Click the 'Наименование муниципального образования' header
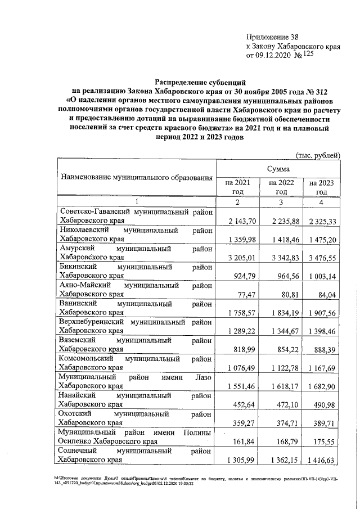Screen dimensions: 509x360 click(137, 178)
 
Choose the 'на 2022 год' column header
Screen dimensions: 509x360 click(279, 187)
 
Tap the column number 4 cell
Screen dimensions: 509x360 click(321, 201)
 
